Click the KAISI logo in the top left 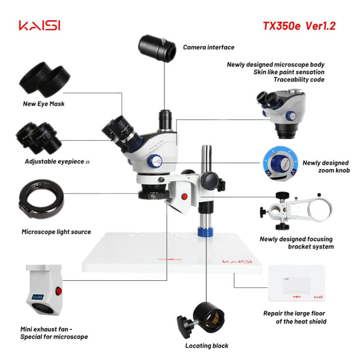[40, 26]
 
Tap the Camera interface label [208, 47]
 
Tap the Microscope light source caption [56, 232]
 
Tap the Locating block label [206, 346]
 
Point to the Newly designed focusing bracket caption [296, 242]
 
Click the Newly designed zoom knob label [325, 166]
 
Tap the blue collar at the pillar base [206, 232]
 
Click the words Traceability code [298, 79]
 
